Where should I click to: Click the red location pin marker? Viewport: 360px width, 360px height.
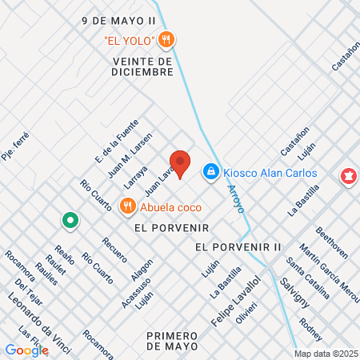click(x=180, y=163)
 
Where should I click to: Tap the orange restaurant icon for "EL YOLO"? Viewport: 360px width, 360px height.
click(x=166, y=38)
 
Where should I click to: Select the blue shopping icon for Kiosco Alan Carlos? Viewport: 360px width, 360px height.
click(x=210, y=172)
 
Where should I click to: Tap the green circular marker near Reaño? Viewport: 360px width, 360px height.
click(x=70, y=219)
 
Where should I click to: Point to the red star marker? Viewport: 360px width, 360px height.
click(x=349, y=176)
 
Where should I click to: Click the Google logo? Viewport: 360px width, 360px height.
click(x=26, y=350)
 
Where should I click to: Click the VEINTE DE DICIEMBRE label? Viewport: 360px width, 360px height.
click(x=143, y=66)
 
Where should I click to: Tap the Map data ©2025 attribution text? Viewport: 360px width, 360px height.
click(x=325, y=354)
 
